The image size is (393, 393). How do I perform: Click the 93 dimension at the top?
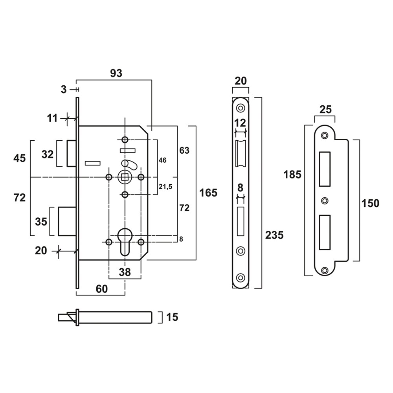(116, 73)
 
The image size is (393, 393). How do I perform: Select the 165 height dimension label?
(208, 193)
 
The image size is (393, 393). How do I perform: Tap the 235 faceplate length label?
(274, 235)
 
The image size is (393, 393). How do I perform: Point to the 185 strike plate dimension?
(293, 174)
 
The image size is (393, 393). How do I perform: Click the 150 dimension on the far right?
(371, 203)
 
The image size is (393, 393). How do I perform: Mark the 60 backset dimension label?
(101, 289)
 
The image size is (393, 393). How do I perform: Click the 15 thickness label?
(172, 317)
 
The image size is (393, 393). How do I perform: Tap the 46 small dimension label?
(162, 160)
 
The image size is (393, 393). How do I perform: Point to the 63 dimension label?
(184, 151)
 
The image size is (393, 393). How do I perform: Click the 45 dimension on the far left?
(19, 158)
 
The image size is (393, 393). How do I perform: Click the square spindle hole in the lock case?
(125, 177)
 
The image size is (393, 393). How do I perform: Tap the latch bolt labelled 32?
(72, 153)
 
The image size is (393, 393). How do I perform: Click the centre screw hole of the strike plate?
(324, 201)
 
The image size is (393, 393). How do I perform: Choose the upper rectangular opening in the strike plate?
(325, 169)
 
